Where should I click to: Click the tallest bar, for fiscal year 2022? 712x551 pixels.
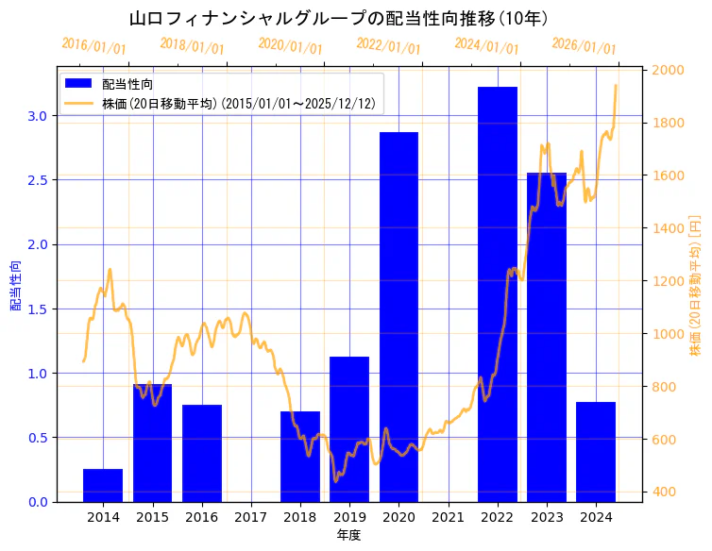tap(497, 293)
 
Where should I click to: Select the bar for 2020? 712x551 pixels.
tap(398, 316)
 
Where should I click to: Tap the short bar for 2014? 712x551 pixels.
tap(103, 485)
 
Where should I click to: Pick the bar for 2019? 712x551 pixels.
tap(349, 428)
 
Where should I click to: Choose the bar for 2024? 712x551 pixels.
tap(596, 451)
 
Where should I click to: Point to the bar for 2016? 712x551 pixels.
tap(202, 453)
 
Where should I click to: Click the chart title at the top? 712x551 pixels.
tap(338, 19)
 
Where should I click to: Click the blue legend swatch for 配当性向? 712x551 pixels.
tap(79, 84)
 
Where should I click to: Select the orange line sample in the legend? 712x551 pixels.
tap(79, 104)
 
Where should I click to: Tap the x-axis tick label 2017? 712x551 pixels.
tap(251, 517)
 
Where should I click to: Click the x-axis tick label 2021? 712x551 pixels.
tap(448, 517)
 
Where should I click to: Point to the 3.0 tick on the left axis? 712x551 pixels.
tap(39, 116)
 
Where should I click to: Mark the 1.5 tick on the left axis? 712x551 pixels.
tap(39, 309)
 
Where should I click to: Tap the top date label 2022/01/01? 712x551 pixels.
tap(388, 47)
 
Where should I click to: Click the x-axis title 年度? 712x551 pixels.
tap(348, 535)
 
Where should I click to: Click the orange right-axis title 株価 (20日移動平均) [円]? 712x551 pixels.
tap(696, 285)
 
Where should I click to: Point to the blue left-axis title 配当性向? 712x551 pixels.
tap(16, 285)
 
